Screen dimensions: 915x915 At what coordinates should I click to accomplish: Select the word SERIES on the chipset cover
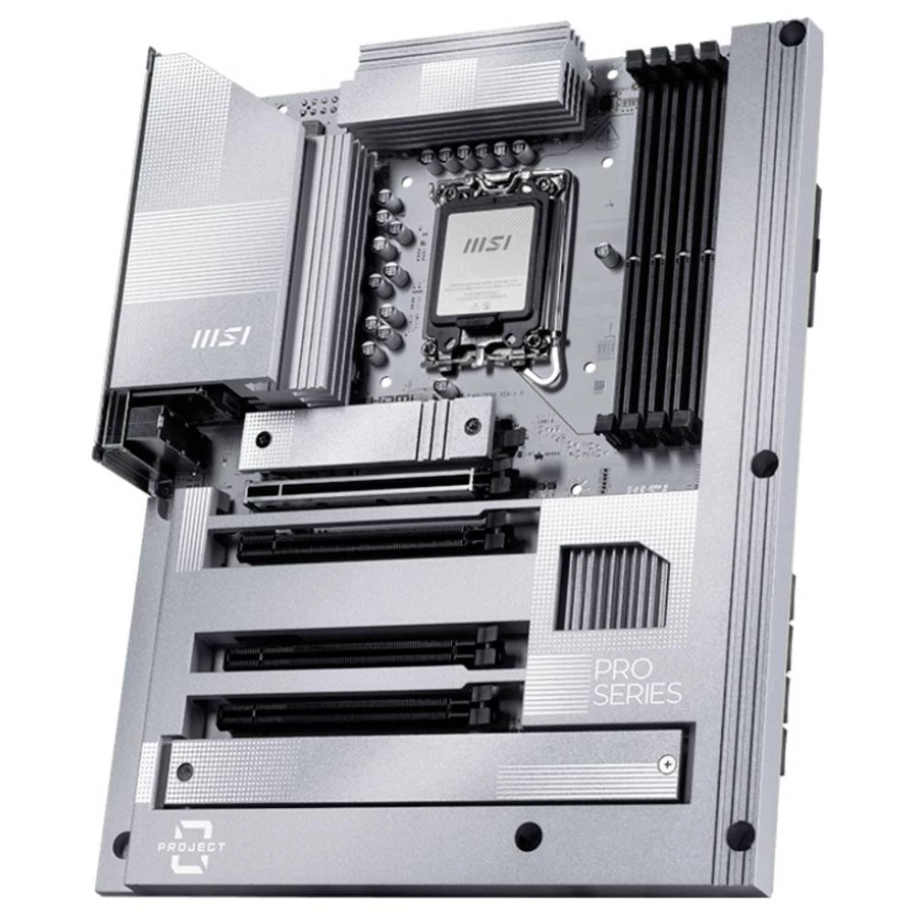(x=637, y=693)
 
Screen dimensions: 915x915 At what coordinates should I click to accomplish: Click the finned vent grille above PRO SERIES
(x=611, y=587)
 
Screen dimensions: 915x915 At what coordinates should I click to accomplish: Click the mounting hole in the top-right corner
(x=791, y=35)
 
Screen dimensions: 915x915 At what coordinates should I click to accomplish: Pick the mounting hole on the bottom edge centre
(x=528, y=834)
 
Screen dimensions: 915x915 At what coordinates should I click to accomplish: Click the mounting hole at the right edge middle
(x=765, y=463)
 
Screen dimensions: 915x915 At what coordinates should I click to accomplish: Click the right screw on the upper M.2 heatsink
(x=472, y=425)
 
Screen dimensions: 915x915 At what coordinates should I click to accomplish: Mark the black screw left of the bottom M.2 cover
(x=186, y=771)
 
